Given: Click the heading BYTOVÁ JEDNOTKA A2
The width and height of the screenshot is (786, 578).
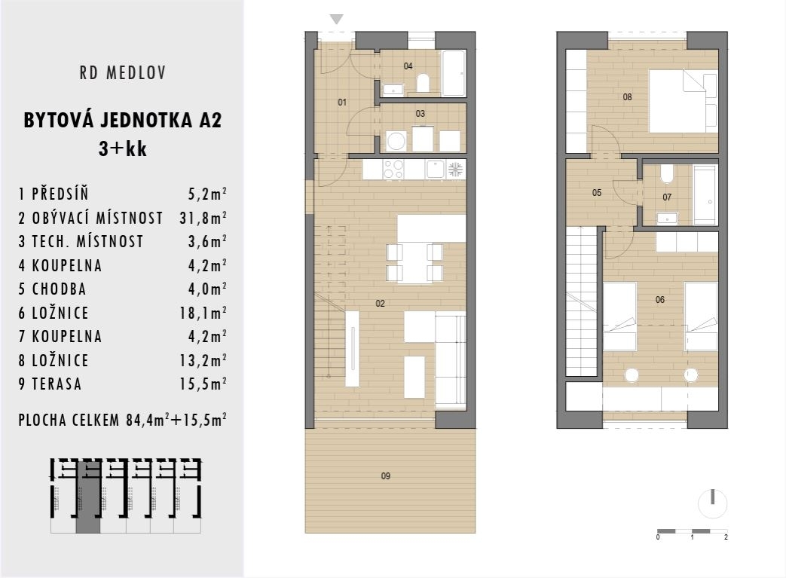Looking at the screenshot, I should (123, 121).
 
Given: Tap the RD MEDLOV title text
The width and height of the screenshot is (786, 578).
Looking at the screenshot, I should (122, 73).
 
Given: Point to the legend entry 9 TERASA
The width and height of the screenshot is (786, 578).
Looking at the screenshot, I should (50, 384).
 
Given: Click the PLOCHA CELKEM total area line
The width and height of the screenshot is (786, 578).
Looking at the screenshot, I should (123, 420).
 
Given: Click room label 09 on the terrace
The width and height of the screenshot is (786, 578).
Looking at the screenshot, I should (386, 476).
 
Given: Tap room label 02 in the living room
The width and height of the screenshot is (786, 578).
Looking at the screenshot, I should (380, 303).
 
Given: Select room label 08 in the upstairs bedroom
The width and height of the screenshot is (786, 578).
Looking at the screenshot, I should (627, 96).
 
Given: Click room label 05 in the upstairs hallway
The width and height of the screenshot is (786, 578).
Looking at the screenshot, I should (597, 193).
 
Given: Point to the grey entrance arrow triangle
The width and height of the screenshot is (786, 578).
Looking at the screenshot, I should (337, 20).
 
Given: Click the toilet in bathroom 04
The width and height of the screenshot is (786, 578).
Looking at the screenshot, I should (423, 82).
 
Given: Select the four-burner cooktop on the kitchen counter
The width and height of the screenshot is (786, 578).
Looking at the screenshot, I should (393, 169).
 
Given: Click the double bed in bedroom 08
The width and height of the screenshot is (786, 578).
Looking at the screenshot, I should (683, 100).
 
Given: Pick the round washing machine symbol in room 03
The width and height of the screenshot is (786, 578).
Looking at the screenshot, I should (396, 141).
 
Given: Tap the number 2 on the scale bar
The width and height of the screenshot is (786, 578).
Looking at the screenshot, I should (725, 537).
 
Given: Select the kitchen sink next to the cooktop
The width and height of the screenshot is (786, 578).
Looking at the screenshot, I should (435, 169).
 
